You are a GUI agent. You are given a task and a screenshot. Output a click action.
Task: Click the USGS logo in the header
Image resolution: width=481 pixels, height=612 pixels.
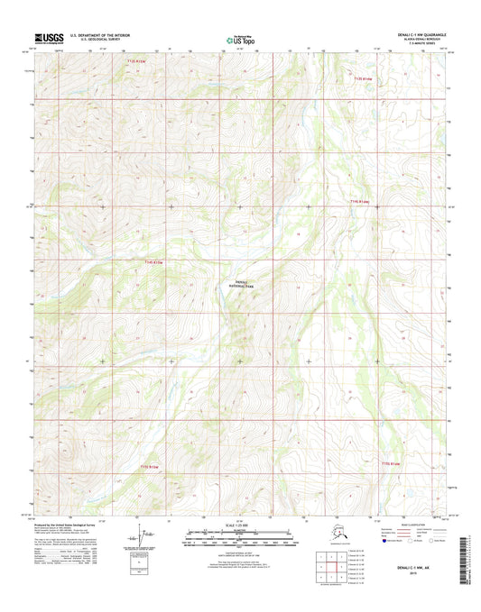click(x=44, y=39)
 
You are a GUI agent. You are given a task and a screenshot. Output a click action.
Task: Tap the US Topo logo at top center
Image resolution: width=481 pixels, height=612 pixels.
click(x=240, y=39)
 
